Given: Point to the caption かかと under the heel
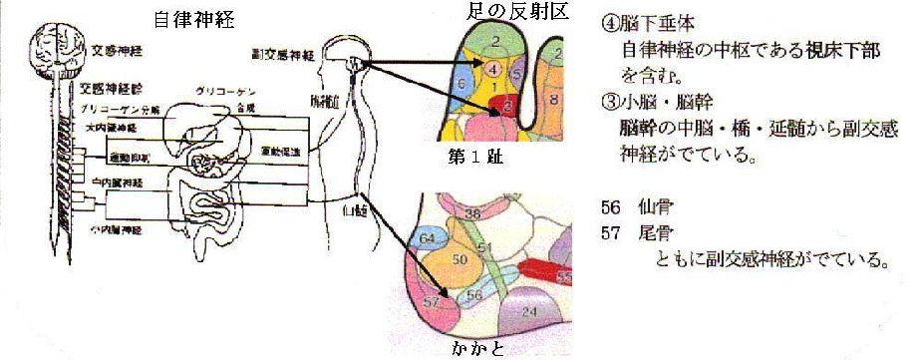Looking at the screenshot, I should [x=477, y=349].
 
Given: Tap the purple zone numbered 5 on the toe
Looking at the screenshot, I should [x=516, y=72].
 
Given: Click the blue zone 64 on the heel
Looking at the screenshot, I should [x=427, y=238].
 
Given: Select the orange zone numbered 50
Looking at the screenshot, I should [x=460, y=260].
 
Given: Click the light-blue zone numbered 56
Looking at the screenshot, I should [x=474, y=295].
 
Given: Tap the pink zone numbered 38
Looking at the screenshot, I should [x=472, y=213].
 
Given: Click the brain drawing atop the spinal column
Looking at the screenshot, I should [x=51, y=47].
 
